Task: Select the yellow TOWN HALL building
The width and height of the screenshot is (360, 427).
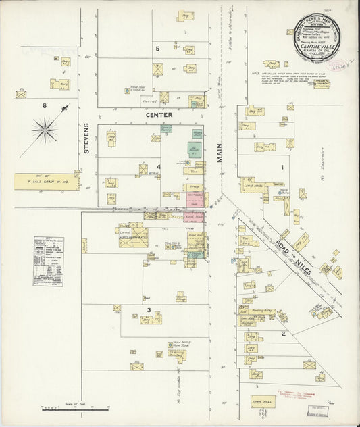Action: click(263, 401)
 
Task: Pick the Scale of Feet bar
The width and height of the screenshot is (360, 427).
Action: click(75, 408)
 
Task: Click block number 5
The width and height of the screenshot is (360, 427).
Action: click(158, 49)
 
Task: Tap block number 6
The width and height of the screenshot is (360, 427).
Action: click(45, 105)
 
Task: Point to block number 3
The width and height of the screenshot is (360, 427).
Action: click(148, 310)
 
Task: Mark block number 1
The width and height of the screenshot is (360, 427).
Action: click(282, 166)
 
